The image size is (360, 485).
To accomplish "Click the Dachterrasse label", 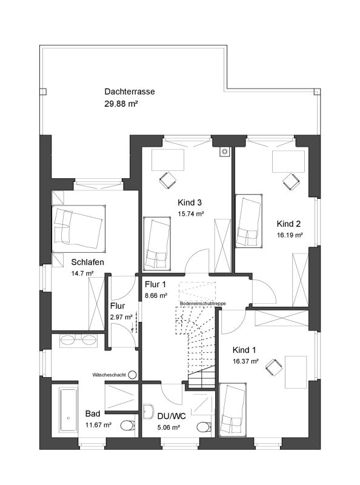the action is coord(129,92).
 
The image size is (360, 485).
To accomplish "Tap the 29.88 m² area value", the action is coord(121,104).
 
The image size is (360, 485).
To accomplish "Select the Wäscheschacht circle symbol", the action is coord(132,375).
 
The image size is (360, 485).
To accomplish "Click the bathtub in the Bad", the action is coord(68,410).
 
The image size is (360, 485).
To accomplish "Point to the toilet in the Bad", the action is coord(127,426).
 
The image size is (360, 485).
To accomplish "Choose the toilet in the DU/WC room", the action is coord(205,427).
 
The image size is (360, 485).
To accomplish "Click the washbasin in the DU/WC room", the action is coord(148,411).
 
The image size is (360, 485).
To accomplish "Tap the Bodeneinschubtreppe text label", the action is coord(203,304).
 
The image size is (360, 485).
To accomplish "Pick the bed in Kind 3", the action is coord(157,243).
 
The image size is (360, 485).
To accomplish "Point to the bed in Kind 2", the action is coord(248,221).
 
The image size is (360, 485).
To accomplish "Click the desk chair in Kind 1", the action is coord(274,367).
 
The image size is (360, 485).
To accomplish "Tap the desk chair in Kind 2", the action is coord(291,181).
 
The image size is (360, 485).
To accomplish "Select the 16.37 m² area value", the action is coord(245,361).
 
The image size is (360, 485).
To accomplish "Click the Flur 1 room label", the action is coord(155,284).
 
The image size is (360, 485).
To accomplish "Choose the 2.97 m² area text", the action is coord(121,317).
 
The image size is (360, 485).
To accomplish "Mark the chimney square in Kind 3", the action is coord(225,151).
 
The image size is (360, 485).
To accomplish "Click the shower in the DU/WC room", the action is coord(202,404).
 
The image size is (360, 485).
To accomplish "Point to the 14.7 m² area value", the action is coord(82,273).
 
